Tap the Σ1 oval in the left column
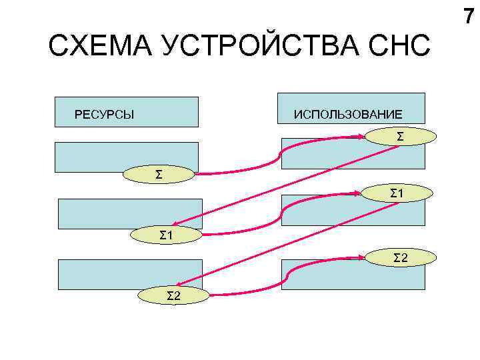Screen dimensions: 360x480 (x=167, y=234)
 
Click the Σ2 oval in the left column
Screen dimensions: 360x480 (x=173, y=295)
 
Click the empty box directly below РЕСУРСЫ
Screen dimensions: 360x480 (x=127, y=156)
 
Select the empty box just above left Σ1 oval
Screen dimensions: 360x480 (x=130, y=213)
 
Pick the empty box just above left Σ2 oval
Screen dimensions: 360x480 (x=130, y=273)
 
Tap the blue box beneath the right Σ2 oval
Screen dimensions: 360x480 (x=353, y=277)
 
